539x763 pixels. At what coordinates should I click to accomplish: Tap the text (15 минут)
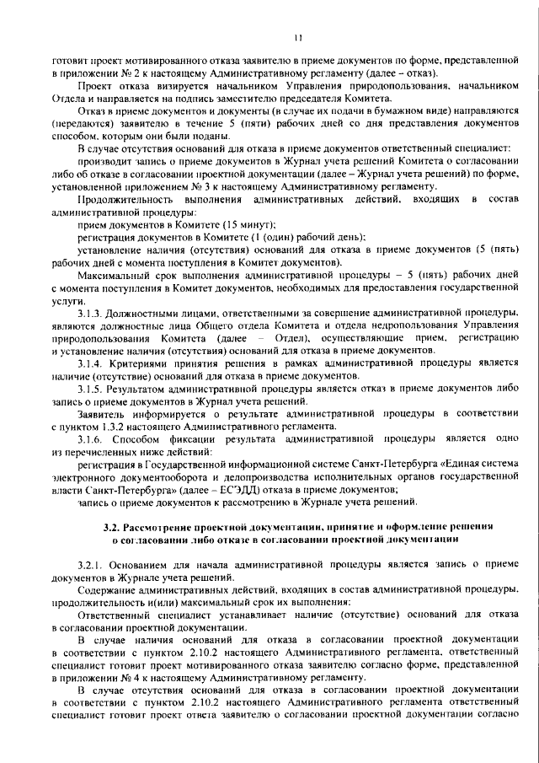[x=253, y=225]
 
